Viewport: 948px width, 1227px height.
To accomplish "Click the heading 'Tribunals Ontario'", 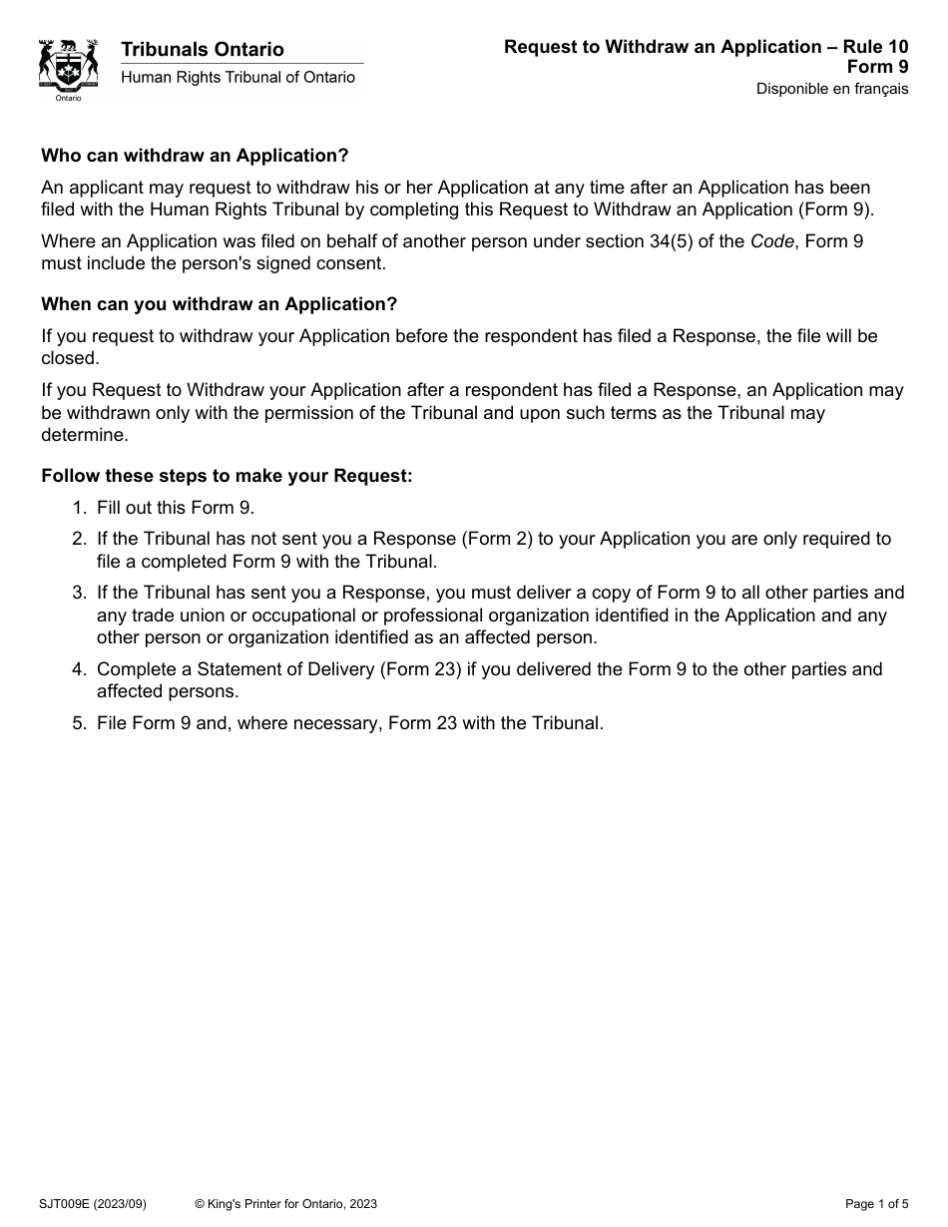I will tap(203, 49).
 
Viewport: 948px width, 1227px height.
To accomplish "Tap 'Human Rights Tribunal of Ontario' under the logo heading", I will tap(237, 78).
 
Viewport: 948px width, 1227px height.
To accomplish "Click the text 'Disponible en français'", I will tap(832, 89).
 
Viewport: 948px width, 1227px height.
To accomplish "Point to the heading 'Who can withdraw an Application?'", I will tap(195, 156).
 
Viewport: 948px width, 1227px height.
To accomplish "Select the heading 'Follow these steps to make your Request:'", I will tap(227, 476).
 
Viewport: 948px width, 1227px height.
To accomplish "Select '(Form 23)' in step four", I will tap(420, 669).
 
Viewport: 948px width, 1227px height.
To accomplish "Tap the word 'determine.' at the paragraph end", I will tap(85, 435).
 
